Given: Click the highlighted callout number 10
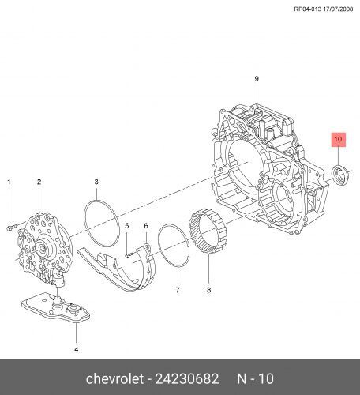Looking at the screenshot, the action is (338, 138).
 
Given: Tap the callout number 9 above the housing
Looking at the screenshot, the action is (257, 78).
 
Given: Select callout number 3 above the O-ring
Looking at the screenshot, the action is (96, 182).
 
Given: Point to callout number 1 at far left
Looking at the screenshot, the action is (9, 182).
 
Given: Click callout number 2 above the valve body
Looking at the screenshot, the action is (39, 182).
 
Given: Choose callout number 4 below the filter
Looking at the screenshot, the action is (76, 349).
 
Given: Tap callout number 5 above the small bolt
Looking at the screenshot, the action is (127, 226).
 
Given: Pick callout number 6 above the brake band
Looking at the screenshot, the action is (146, 226).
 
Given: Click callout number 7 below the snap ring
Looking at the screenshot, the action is (178, 290).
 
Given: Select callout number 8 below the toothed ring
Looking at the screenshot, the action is (208, 290).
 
